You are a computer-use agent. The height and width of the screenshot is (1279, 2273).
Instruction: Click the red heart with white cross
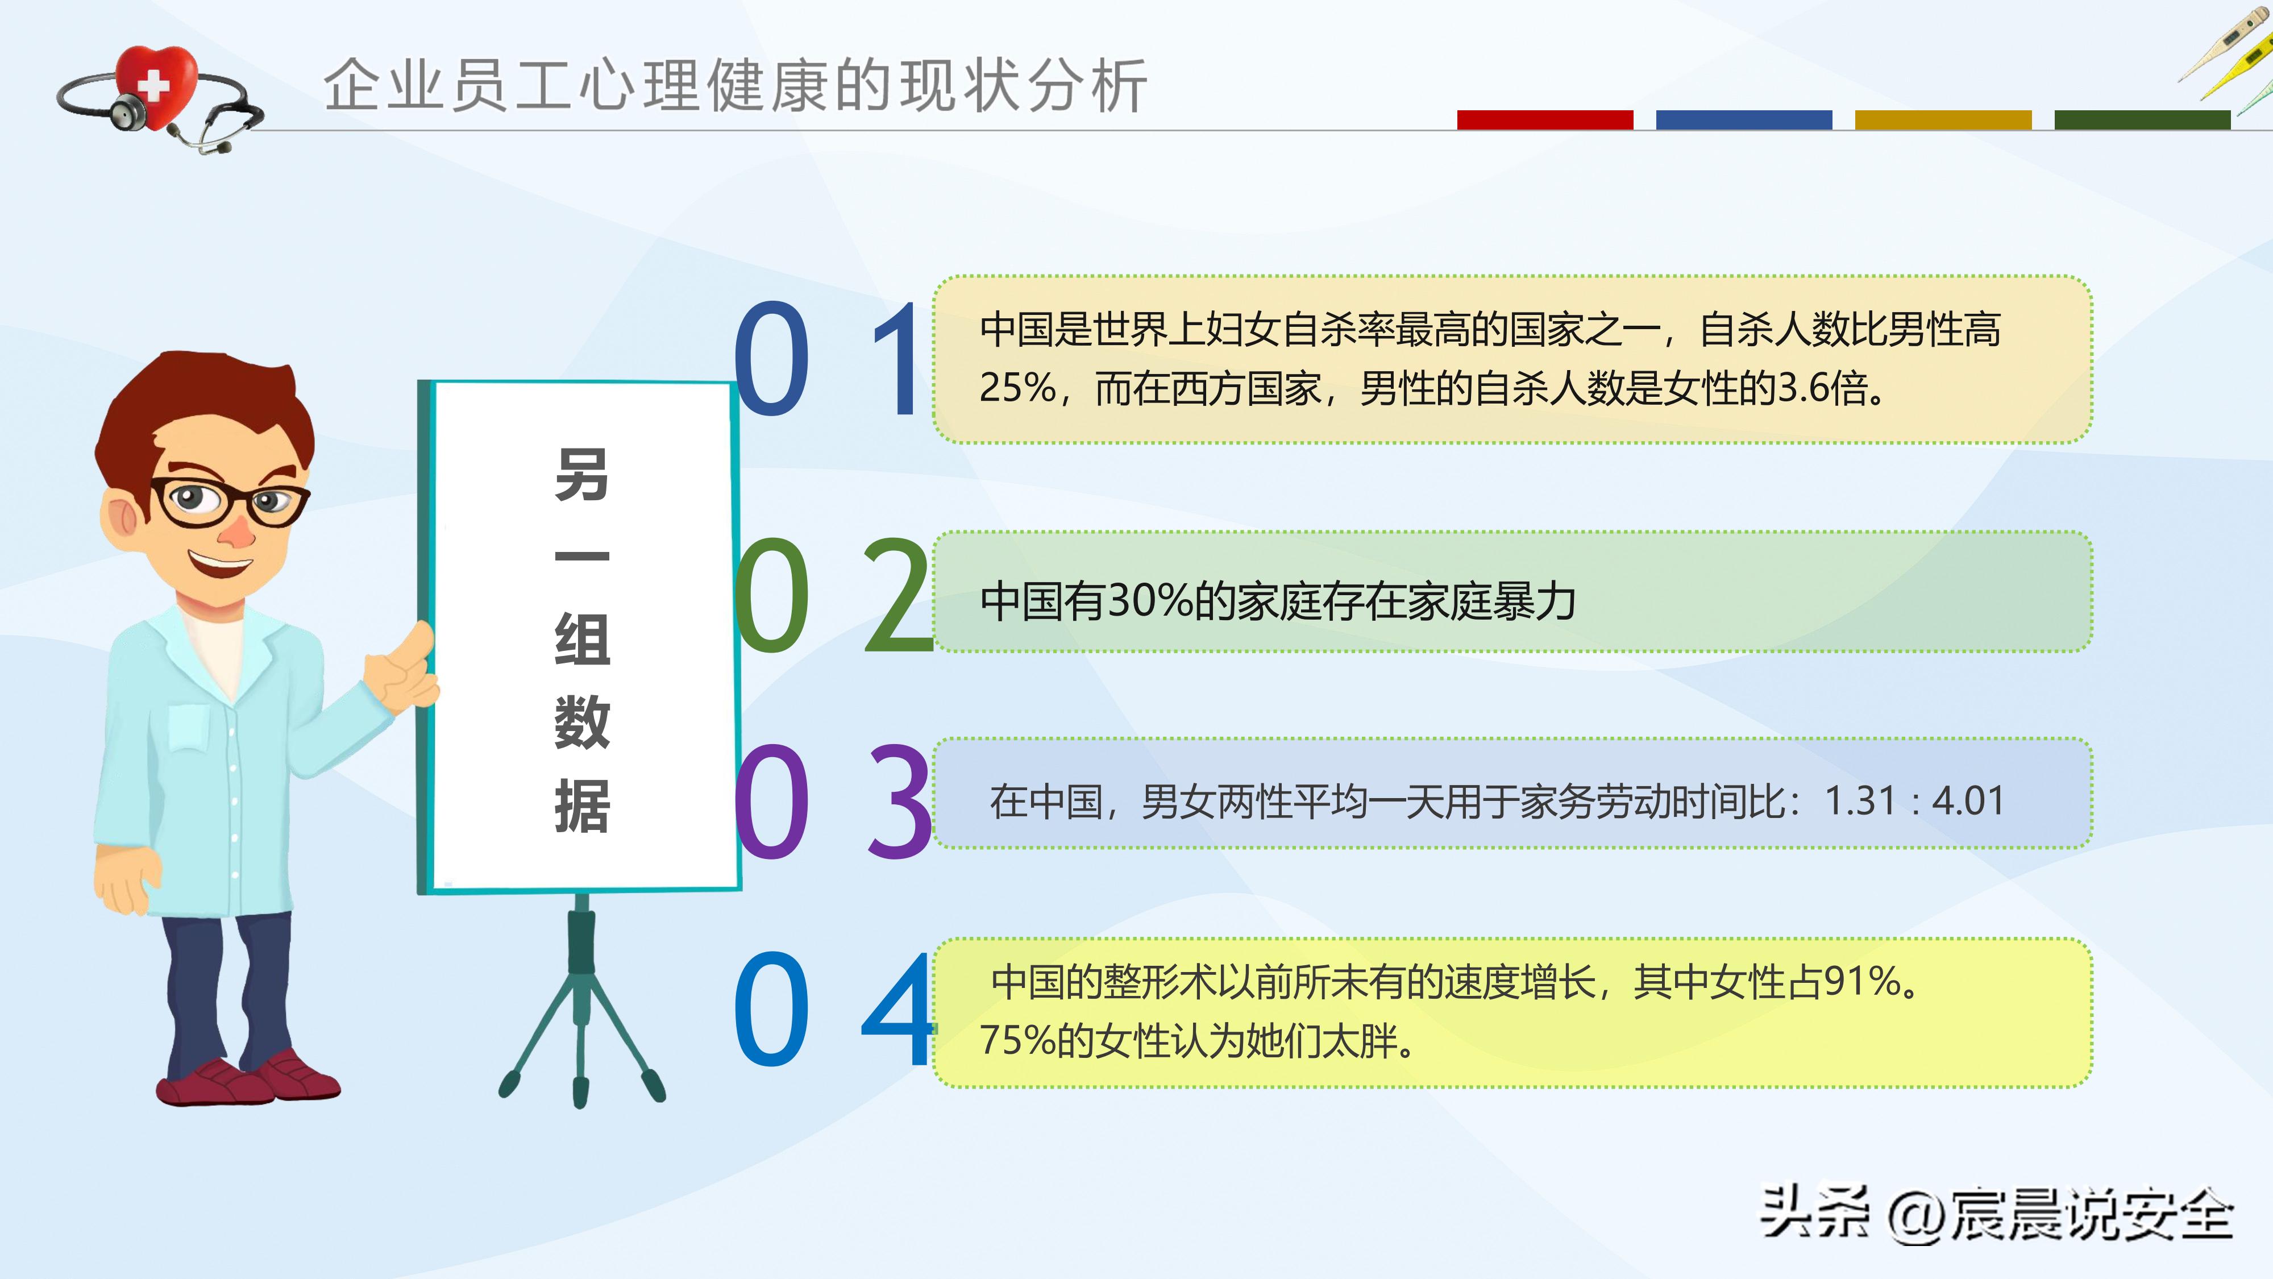click(156, 84)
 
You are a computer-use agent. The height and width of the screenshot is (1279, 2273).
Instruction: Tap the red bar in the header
click(1544, 120)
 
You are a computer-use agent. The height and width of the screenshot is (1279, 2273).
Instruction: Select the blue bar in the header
click(1744, 120)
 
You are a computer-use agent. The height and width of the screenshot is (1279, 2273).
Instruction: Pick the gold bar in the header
click(1943, 120)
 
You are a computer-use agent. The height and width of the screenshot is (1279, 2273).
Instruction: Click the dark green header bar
click(2142, 120)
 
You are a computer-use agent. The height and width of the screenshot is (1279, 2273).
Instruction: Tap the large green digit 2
click(897, 597)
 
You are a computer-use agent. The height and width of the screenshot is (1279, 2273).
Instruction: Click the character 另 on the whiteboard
click(581, 475)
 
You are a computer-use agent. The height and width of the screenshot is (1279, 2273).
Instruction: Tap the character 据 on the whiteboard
click(581, 806)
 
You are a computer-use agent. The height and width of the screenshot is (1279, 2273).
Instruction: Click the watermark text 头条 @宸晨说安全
click(1996, 1215)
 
